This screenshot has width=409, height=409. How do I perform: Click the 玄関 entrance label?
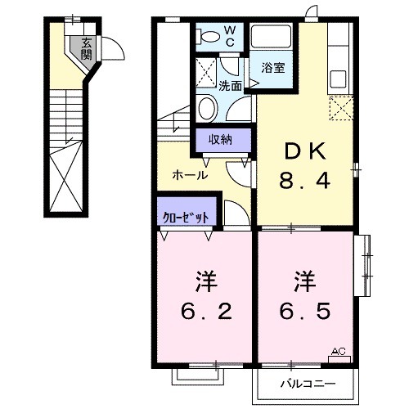coord(86,49)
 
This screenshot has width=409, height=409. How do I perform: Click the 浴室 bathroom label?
coord(272,68)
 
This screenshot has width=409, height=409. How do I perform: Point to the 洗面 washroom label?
coord(230,84)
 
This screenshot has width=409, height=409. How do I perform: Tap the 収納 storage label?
coord(220,139)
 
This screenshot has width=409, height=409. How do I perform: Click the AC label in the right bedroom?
coord(339,352)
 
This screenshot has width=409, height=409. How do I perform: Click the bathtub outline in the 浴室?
coord(273,39)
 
